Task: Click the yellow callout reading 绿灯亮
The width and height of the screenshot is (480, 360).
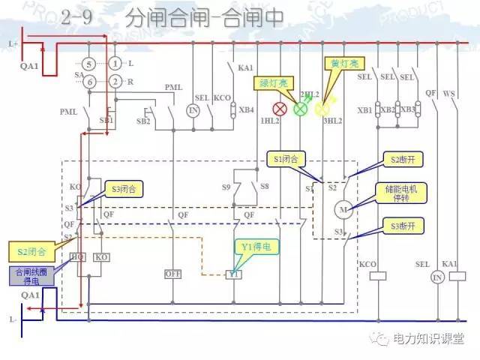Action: click(274, 82)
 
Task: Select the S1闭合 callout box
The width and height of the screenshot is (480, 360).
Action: click(287, 159)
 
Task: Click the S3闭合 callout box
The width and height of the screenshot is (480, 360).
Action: click(124, 188)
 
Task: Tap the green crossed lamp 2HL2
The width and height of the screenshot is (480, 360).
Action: click(300, 108)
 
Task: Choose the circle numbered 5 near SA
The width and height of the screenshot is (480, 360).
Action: click(88, 64)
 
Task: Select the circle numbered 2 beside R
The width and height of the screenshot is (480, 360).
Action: click(115, 81)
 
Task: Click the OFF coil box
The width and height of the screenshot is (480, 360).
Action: click(173, 274)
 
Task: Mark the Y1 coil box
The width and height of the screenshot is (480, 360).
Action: click(234, 274)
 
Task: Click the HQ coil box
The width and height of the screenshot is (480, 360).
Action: click(78, 257)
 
